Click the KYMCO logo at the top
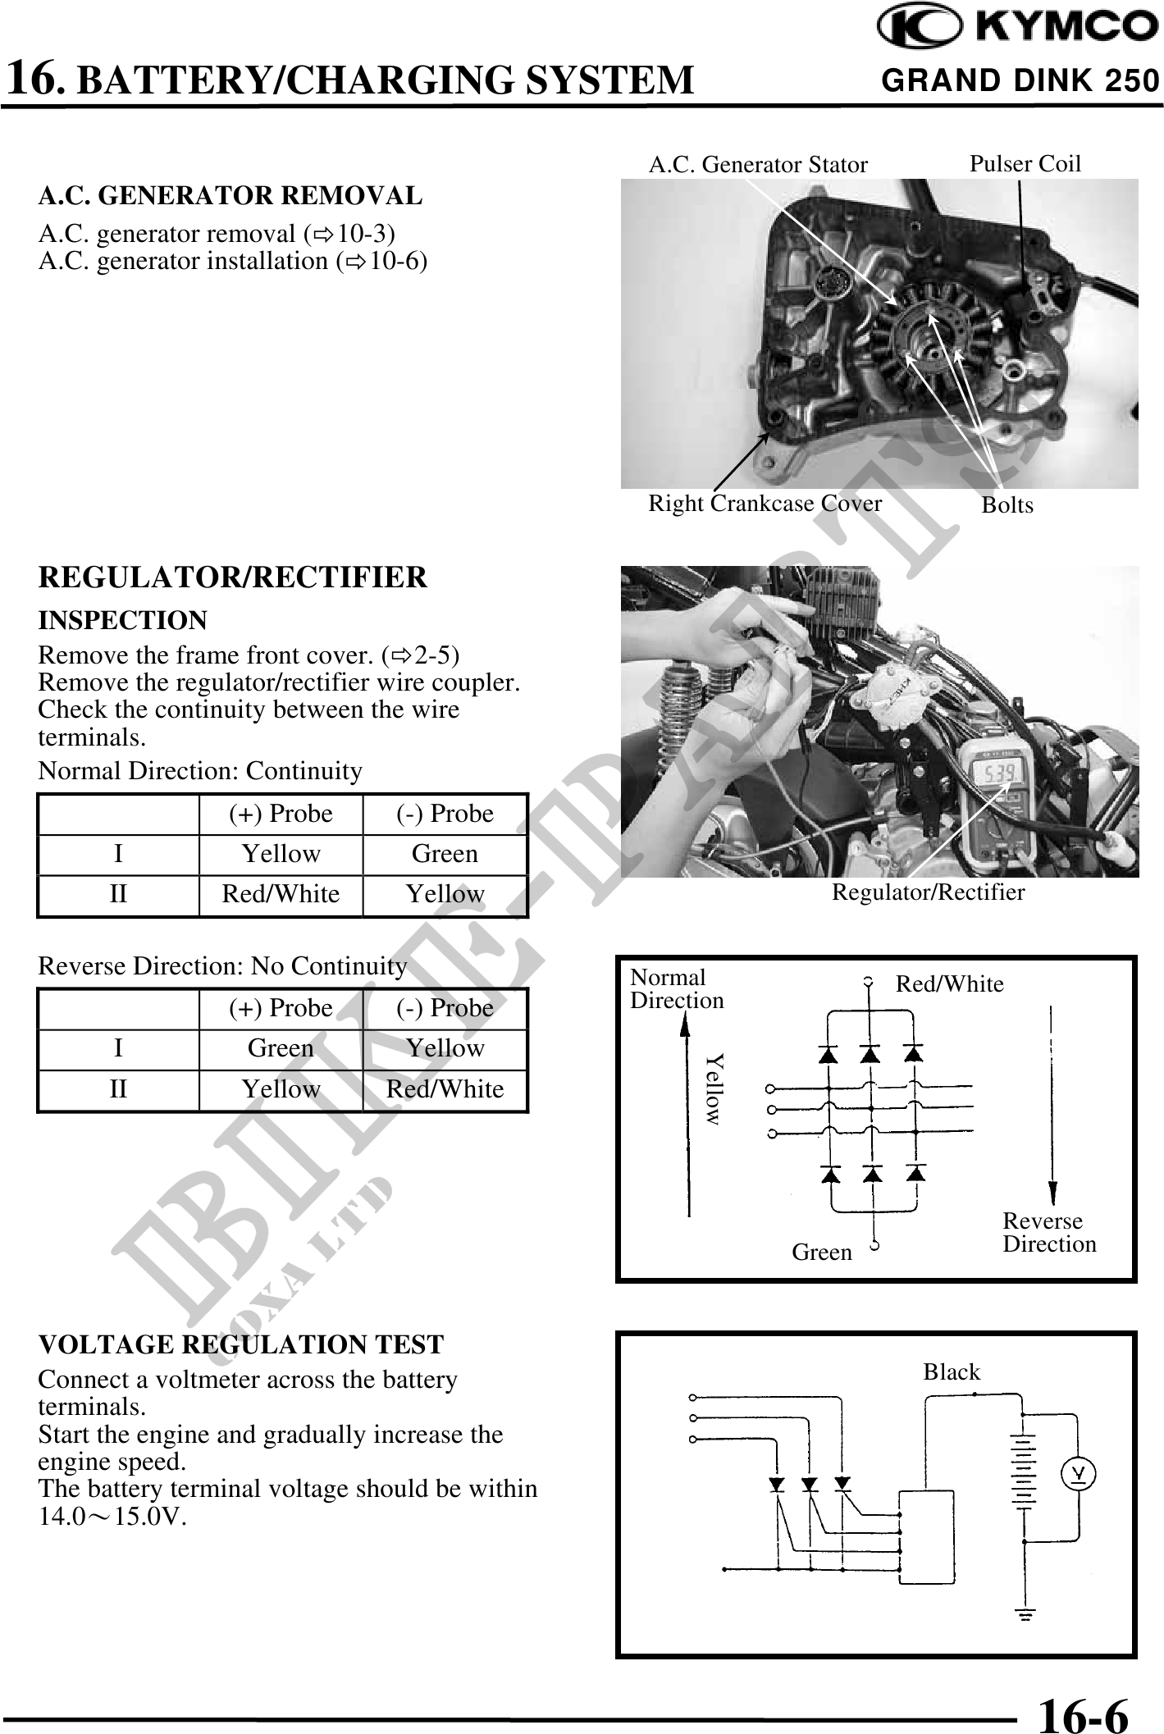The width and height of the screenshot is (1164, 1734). point(1017,28)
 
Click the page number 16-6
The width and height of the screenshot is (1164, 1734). point(1083,1713)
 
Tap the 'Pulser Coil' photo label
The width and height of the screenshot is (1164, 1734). point(1025,164)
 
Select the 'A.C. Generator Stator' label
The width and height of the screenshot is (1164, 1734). point(757,165)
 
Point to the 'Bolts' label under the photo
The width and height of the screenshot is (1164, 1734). point(1007,505)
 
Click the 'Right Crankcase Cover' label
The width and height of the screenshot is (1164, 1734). point(765,504)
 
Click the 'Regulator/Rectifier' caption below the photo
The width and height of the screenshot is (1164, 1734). point(928,892)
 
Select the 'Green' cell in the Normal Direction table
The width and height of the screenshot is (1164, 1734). point(445,854)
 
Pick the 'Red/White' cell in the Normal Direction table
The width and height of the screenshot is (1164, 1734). point(281,894)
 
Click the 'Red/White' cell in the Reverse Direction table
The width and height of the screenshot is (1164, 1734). point(445,1089)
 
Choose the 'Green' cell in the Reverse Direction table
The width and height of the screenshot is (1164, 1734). point(281,1048)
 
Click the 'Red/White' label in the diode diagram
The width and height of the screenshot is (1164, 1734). point(949,984)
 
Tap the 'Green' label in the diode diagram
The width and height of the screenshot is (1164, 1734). point(821,1253)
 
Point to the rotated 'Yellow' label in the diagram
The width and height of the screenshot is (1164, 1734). point(714,1088)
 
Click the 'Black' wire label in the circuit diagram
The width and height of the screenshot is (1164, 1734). point(952,1372)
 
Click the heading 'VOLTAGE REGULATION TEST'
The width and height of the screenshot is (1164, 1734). point(240,1345)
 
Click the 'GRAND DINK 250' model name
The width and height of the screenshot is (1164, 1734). point(1020,80)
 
